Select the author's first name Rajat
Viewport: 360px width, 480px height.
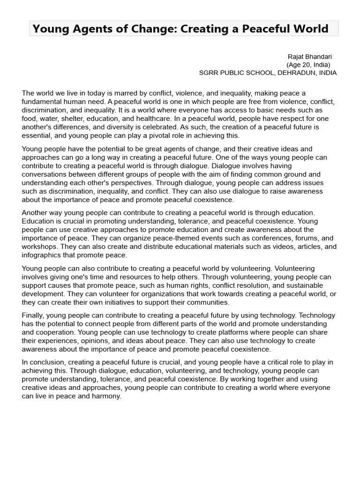coord(296,57)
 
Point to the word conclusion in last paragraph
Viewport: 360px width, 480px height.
coord(47,362)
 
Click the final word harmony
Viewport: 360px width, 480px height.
coord(107,396)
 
